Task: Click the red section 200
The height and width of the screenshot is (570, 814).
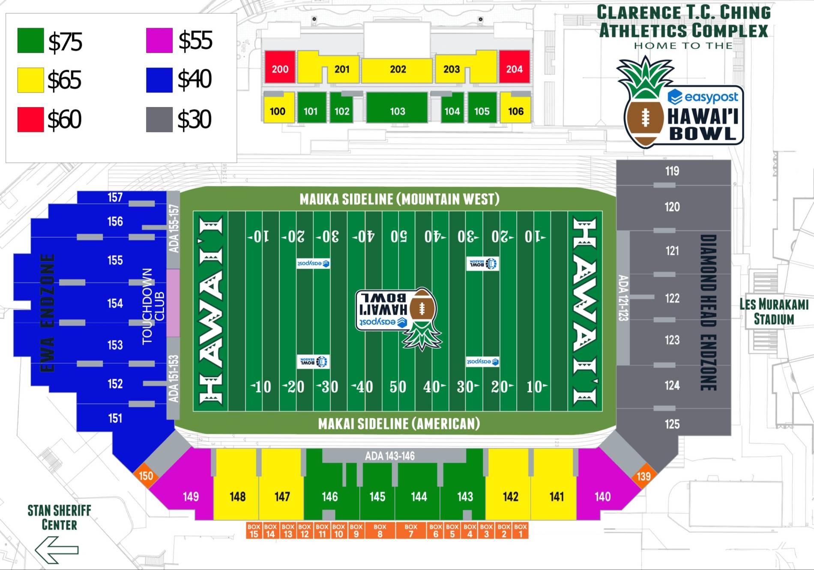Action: pyautogui.click(x=280, y=67)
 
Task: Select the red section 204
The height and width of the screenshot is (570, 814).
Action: pyautogui.click(x=514, y=67)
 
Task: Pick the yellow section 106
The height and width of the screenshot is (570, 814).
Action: pyautogui.click(x=515, y=110)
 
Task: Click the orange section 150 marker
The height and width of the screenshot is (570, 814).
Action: pyautogui.click(x=146, y=476)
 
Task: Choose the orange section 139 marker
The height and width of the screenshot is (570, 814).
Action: pyautogui.click(x=643, y=476)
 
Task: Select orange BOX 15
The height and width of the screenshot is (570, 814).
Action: pyautogui.click(x=254, y=531)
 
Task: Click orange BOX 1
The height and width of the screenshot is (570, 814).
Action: pyautogui.click(x=521, y=531)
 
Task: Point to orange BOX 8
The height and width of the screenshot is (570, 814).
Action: pyautogui.click(x=380, y=531)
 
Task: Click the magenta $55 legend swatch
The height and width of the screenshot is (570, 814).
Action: pyautogui.click(x=159, y=40)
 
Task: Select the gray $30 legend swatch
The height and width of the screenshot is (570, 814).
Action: pyautogui.click(x=159, y=119)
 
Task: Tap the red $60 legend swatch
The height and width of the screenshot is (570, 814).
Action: pyautogui.click(x=30, y=119)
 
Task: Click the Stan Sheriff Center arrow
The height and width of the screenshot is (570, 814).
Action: pyautogui.click(x=57, y=550)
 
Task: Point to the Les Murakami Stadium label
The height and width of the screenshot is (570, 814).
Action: pyautogui.click(x=774, y=312)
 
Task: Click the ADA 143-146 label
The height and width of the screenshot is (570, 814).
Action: pyautogui.click(x=389, y=456)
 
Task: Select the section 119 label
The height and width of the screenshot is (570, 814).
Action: pyautogui.click(x=672, y=171)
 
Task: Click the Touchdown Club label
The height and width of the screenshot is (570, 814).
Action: pyautogui.click(x=153, y=306)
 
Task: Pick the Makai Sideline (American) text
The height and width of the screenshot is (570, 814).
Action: pyautogui.click(x=399, y=424)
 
